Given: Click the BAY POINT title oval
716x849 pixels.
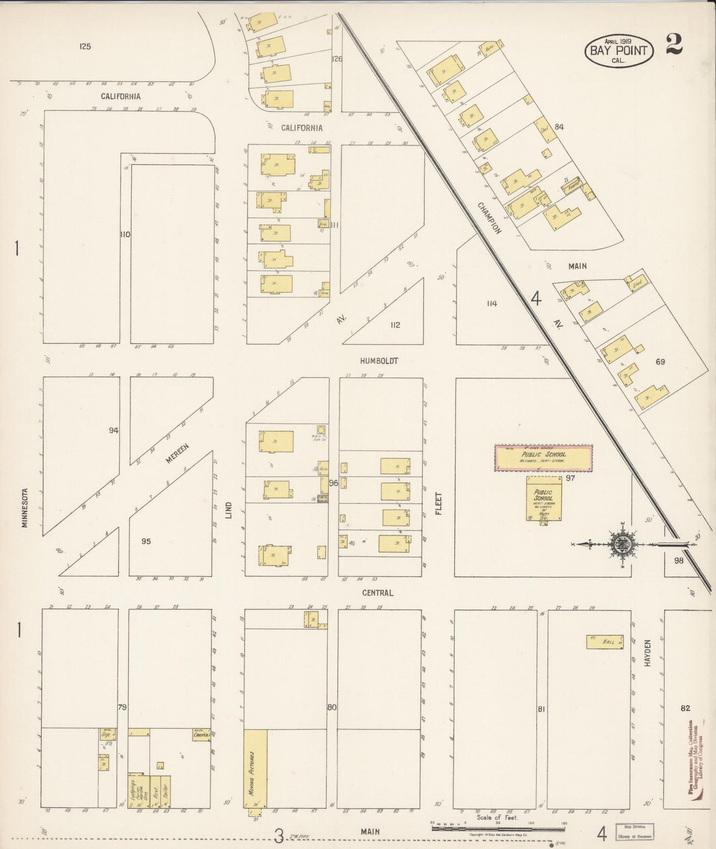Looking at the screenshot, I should [x=618, y=50].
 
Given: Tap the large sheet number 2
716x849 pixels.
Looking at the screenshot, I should [x=674, y=45].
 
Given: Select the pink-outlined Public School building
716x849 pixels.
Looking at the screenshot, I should [x=543, y=458].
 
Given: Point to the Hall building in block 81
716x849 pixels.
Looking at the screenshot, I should [x=605, y=642].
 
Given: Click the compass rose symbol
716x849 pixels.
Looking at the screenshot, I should [x=620, y=544].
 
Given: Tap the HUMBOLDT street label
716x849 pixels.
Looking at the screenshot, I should [x=379, y=361].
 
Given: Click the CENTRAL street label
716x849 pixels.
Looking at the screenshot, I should [x=378, y=592].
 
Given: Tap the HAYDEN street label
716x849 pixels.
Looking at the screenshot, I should [x=648, y=652].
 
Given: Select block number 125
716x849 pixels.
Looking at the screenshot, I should [x=85, y=47].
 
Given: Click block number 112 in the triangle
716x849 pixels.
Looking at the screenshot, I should [x=395, y=325].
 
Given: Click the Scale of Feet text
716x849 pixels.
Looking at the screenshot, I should [x=497, y=818].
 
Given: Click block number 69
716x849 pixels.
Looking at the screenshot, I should [x=660, y=362].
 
